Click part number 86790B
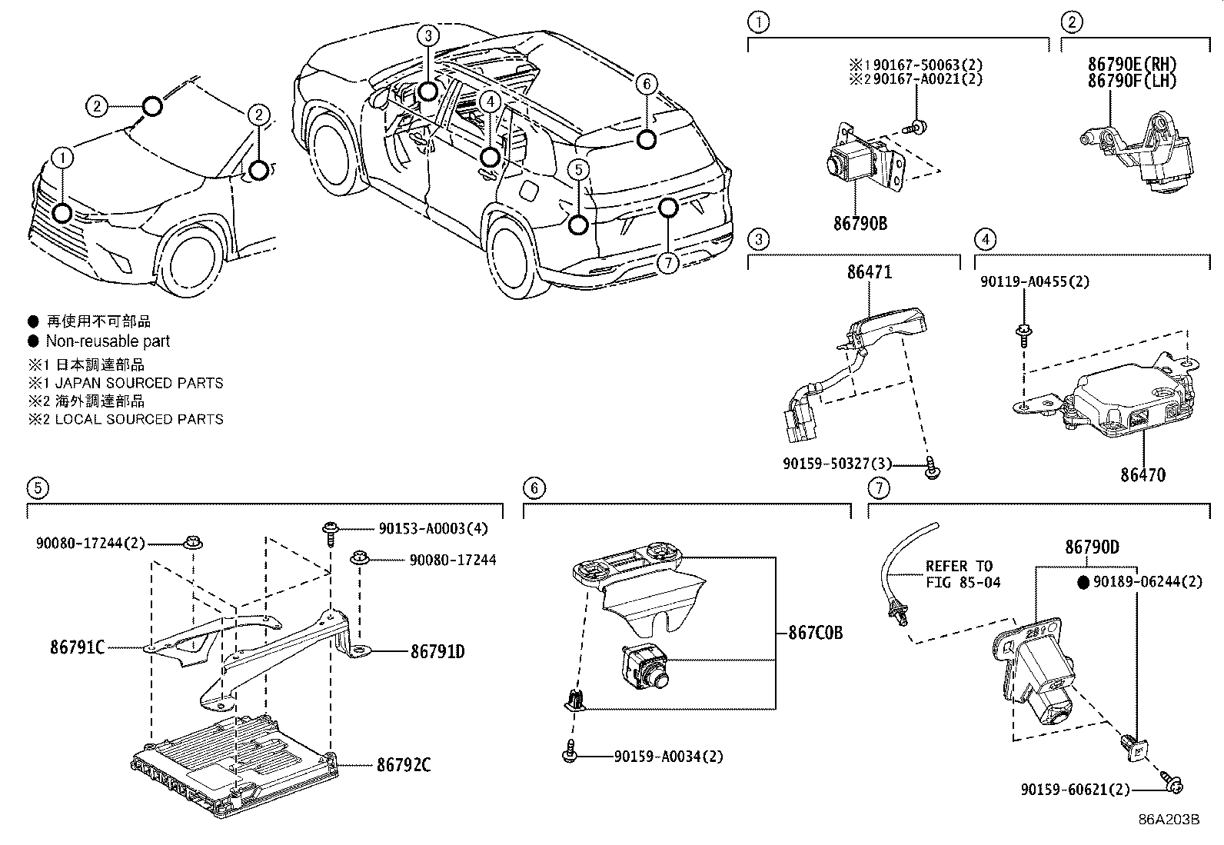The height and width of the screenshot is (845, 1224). (860, 223)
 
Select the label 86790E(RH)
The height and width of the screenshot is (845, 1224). (1132, 65)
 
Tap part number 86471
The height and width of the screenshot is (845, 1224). (870, 271)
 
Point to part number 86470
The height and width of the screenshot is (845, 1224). (1142, 474)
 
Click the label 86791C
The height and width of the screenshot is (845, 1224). (77, 647)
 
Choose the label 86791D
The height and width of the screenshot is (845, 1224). (437, 652)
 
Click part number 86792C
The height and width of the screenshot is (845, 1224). (404, 765)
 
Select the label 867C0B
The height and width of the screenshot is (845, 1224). (815, 633)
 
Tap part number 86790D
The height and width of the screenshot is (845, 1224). (1091, 547)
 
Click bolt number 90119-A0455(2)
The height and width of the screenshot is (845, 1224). (1034, 281)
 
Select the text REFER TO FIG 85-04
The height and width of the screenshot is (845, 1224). (963, 574)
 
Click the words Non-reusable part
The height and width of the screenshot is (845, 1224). (108, 341)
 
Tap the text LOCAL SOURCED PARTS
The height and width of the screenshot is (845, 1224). (139, 419)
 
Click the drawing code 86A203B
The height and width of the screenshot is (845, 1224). (1169, 819)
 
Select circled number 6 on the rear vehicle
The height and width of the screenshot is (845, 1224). (647, 83)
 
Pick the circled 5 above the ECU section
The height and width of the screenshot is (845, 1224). (36, 487)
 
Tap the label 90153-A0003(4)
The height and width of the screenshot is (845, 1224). (432, 528)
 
